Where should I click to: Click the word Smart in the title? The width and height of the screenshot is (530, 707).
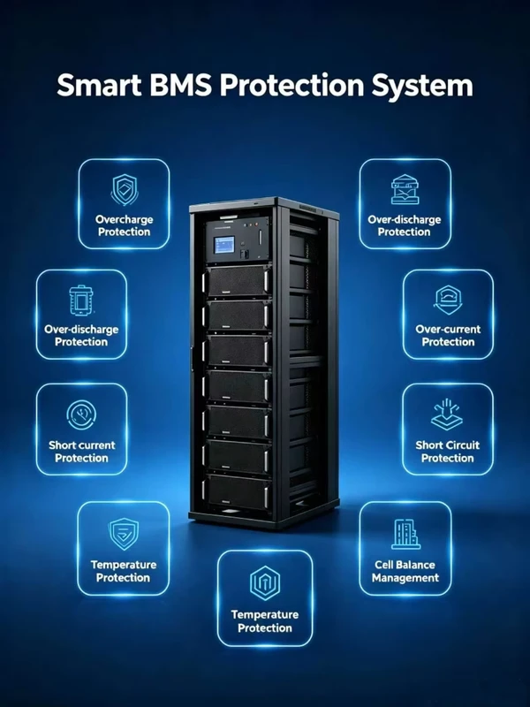coord(100,85)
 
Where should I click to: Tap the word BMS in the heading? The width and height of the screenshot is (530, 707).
coord(181,85)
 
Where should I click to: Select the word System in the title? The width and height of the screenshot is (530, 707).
coord(422,86)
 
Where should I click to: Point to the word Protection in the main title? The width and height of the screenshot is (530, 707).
coord(291,85)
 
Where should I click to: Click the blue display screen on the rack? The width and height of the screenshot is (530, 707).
coord(224,245)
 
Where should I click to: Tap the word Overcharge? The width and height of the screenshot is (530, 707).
coord(124,220)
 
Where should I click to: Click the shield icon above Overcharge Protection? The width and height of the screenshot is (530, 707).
coord(125,190)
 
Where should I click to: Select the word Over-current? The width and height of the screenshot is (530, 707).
coord(448,329)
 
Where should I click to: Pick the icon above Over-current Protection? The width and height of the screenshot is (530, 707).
coord(448,300)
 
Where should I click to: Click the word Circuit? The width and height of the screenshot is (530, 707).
coord(463,445)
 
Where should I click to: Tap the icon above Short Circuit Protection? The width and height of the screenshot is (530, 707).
coord(446,414)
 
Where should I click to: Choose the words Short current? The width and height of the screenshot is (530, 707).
coord(82,445)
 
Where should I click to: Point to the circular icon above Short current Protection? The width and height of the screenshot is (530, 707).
coord(81,414)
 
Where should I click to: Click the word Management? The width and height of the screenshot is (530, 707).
coord(405,578)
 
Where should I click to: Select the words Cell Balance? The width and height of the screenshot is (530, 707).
coord(405,565)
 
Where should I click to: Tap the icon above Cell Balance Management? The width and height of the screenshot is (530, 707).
coord(405,535)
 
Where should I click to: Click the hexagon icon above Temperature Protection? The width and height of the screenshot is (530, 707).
coord(265,583)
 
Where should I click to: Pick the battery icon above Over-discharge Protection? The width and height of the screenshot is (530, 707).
coord(81,300)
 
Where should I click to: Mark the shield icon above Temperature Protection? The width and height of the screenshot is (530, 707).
coord(124,534)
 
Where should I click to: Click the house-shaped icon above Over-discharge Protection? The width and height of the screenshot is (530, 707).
coord(405,189)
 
